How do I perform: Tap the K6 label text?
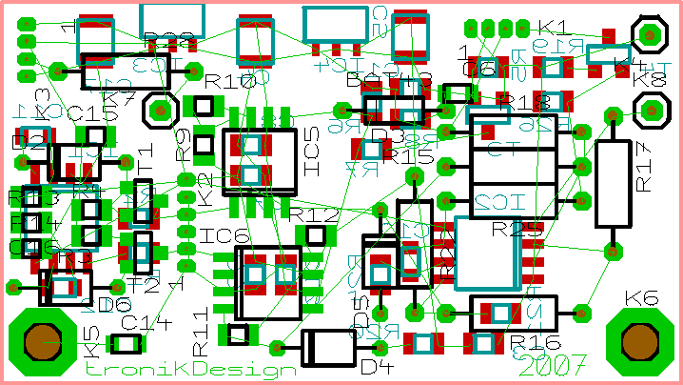[642, 299]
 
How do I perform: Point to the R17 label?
[644, 168]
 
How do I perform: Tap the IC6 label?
[225, 234]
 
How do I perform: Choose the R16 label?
[533, 343]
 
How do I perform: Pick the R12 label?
[313, 215]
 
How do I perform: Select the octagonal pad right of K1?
[651, 35]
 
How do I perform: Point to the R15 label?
[412, 154]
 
